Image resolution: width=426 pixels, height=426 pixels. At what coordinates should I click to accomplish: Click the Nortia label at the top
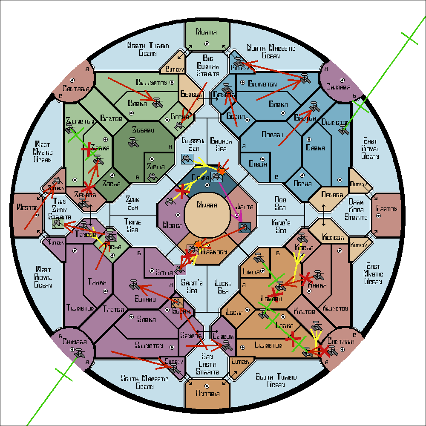[x=207, y=32]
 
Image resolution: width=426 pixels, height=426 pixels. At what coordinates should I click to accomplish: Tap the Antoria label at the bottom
[x=208, y=393]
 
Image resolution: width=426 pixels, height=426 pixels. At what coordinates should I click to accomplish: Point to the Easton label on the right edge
[x=387, y=209]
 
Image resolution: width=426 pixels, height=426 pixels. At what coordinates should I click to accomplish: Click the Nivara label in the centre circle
[x=207, y=205]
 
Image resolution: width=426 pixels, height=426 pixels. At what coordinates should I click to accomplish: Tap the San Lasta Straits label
[x=207, y=365]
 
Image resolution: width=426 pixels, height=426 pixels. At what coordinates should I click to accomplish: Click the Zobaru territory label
[x=143, y=130]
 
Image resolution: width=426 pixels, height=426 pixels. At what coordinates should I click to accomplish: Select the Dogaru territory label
[x=273, y=135]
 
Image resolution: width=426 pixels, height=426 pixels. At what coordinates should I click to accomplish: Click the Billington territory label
[x=152, y=82]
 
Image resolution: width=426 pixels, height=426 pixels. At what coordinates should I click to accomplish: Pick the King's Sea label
[x=281, y=226]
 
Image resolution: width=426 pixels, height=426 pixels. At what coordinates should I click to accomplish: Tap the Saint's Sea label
[x=191, y=286]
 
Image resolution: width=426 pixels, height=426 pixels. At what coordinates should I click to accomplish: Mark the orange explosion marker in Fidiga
[x=221, y=171]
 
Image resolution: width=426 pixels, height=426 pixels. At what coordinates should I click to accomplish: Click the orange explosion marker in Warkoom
[x=198, y=245]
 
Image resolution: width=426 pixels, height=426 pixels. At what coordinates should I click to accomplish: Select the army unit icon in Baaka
[x=158, y=102]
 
